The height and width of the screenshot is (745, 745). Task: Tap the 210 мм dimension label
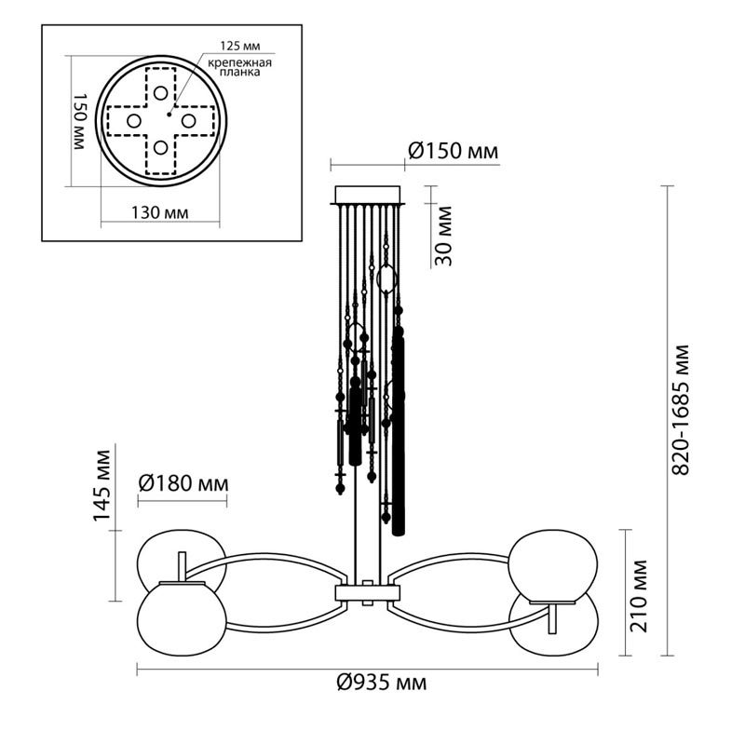tap(639, 596)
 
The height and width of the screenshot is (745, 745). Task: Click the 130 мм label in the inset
tap(159, 212)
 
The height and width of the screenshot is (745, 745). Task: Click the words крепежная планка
tap(239, 68)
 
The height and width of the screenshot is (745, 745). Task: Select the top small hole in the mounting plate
tap(162, 93)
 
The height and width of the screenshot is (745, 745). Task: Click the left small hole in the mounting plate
tap(134, 121)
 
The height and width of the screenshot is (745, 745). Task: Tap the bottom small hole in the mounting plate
tap(162, 147)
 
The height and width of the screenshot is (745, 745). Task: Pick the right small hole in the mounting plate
tap(188, 120)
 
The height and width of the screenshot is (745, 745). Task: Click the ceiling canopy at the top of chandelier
tap(368, 196)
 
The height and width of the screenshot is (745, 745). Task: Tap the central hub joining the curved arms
tap(368, 593)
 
